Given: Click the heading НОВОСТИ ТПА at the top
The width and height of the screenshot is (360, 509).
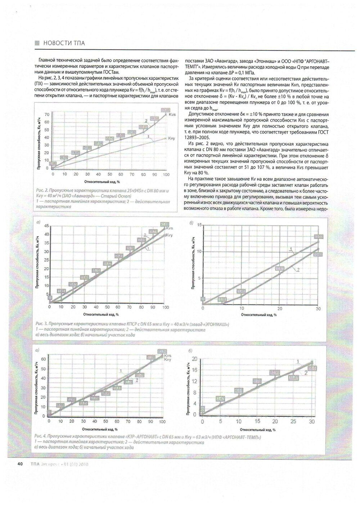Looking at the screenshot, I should point(64,43).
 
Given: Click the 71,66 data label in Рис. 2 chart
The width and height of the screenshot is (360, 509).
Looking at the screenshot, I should point(166,110).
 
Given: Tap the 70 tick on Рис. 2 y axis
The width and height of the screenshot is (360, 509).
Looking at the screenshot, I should point(47,115).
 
